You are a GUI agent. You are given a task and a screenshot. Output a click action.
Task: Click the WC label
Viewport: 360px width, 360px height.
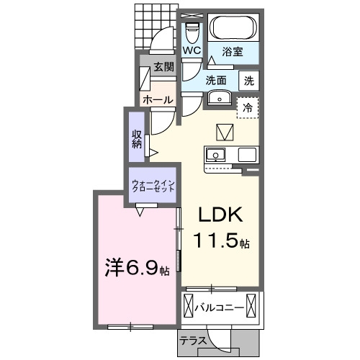tap(192, 50)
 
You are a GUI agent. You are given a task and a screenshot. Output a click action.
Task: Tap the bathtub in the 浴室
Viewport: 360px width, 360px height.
tap(233, 27)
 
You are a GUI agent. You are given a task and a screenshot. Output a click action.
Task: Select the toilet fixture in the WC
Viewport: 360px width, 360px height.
tap(192, 32)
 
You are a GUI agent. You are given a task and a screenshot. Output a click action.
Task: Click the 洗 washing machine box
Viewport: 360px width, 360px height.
tap(249, 81)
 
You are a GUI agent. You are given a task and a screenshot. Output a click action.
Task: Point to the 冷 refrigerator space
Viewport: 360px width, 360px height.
tap(248, 108)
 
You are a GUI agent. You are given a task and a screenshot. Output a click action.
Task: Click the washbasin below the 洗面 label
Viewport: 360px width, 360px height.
tap(220, 98)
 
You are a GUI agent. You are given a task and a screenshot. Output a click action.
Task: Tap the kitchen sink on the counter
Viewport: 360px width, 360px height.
tap(215, 155)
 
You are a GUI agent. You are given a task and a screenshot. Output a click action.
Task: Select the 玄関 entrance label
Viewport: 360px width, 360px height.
tap(163, 67)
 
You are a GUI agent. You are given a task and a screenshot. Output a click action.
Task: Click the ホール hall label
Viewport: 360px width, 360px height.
tap(158, 99)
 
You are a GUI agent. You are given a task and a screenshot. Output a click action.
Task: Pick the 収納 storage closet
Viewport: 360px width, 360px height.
tap(137, 137)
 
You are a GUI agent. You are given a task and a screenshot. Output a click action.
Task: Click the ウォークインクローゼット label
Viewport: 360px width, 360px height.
tap(153, 186)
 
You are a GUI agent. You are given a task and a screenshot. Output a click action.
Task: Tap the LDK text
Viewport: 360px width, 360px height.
tap(220, 215)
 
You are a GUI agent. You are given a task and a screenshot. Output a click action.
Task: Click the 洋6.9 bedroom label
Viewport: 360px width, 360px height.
tap(138, 268)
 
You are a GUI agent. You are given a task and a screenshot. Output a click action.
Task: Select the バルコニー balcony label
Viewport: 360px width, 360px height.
tap(219, 307)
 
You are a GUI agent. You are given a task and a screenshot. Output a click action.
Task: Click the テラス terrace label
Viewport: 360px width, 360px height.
tap(193, 341)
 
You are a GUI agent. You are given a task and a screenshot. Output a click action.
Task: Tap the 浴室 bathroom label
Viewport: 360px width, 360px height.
tap(233, 52)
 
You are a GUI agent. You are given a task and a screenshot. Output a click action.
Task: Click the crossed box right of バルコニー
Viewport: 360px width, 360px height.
tap(251, 305)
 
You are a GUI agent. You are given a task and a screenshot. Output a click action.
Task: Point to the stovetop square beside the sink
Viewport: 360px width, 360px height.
tap(247, 155)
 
